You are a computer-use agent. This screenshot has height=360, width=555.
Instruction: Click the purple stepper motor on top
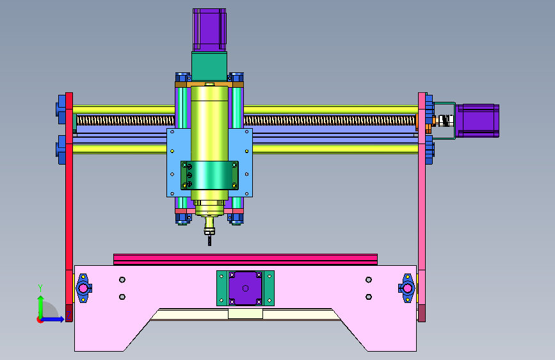[x=209, y=30]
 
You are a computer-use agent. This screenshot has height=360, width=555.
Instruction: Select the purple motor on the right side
[x=477, y=120]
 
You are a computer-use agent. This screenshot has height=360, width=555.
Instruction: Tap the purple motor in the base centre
[x=245, y=288]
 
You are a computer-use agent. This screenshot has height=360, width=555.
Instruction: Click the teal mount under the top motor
[x=209, y=67]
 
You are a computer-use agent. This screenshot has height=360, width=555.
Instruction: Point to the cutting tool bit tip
[x=209, y=245]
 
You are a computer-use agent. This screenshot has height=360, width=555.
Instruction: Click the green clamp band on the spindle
[x=209, y=176]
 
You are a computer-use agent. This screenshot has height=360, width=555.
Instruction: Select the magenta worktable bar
[x=245, y=259]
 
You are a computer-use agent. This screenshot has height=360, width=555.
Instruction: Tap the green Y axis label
[x=40, y=288]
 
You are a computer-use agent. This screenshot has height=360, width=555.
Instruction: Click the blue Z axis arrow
[x=52, y=319]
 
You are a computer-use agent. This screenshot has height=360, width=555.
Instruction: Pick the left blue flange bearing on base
[x=83, y=288]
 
